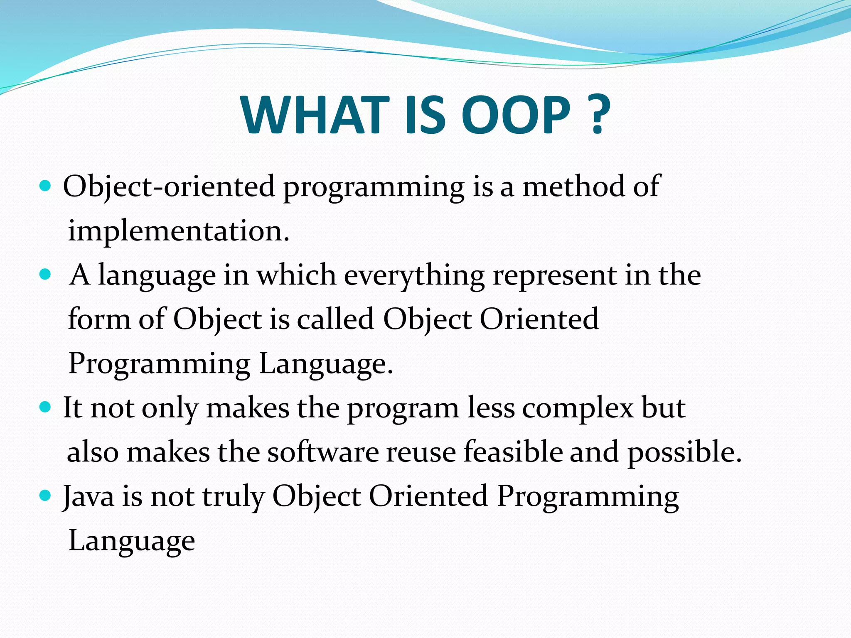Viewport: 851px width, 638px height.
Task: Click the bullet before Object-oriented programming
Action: pos(45,185)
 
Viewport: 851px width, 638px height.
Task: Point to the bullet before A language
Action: pos(45,274)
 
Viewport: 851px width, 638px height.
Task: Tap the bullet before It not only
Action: pos(45,406)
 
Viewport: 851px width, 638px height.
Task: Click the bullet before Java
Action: pos(45,495)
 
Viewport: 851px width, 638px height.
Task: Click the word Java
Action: pos(89,496)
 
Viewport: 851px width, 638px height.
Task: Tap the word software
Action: pos(323,452)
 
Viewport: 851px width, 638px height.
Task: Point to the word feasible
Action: pos(513,451)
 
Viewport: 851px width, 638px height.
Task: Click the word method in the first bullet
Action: pos(574,186)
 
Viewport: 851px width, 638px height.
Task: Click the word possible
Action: pos(684,452)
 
